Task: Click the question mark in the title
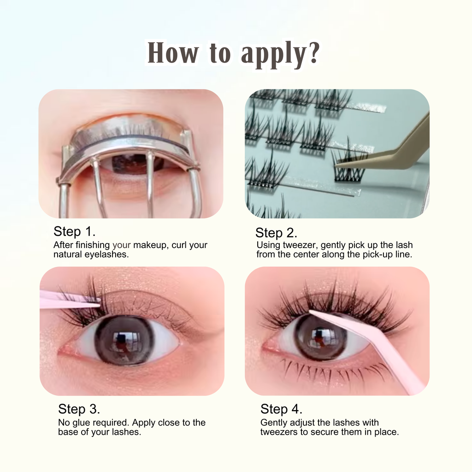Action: click(313, 53)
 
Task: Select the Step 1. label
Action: click(74, 231)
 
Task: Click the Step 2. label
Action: click(276, 233)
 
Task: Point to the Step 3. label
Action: click(79, 409)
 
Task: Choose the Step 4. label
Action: click(281, 409)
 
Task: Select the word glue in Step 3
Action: click(81, 423)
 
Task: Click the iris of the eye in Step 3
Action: click(124, 340)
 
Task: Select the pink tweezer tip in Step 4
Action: click(310, 312)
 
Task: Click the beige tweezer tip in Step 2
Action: click(336, 165)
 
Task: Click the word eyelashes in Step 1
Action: click(106, 254)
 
